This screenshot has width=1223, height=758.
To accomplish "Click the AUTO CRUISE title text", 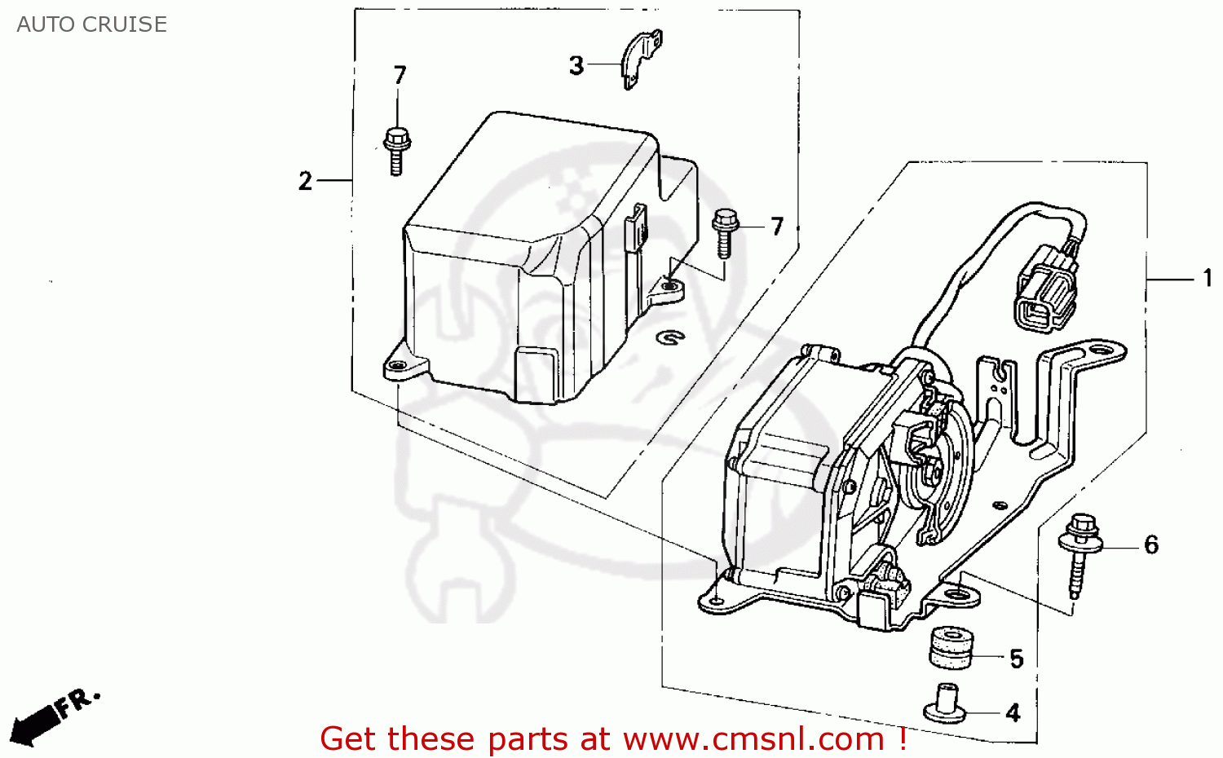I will point(91,24).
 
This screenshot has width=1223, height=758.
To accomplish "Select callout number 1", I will point(1208,279).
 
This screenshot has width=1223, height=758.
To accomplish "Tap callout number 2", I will point(306,180).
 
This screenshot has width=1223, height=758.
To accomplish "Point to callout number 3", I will point(576,65).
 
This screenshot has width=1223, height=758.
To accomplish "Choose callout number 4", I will point(1013,713).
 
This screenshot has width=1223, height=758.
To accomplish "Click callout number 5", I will point(1016,659).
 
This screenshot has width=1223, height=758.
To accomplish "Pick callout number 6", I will point(1151,544).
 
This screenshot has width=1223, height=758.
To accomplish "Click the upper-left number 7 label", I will point(400,75).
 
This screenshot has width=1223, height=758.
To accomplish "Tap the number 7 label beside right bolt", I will point(777,226).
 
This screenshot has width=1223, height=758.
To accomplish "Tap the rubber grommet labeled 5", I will point(951,647).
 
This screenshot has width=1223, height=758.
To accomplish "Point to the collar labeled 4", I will point(946,703).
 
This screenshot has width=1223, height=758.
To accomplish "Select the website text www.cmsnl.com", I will point(753,739).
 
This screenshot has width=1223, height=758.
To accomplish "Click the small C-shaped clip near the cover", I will point(670,336).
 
